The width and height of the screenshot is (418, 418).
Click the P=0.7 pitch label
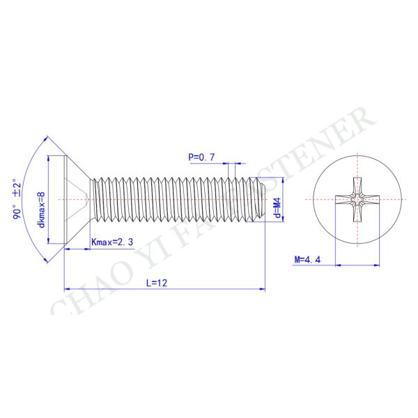pos(201,157)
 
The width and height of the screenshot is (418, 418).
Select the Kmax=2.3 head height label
pos(112,242)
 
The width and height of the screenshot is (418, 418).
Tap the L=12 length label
pos(157,283)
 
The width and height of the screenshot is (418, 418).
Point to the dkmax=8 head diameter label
pos(42,210)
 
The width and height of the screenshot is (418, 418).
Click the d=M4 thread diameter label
pos(278,208)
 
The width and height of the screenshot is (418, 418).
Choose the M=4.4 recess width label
pos(307,259)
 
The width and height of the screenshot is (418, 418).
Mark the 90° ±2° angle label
pos(17,199)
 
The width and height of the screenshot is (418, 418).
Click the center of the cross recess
pos(357,200)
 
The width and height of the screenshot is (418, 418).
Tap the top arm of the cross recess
pos(357,186)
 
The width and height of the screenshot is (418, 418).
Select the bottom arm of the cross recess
pos(357,213)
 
